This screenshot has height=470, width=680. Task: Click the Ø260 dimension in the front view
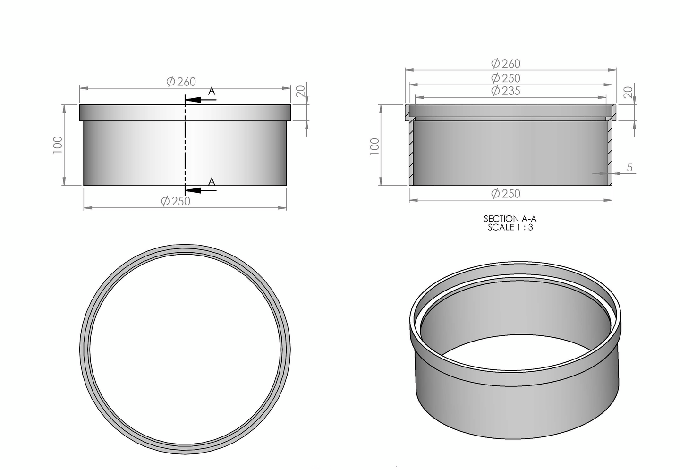click(x=181, y=82)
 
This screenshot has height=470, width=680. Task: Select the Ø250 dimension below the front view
click(x=176, y=201)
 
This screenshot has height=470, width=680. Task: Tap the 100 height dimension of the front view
click(x=58, y=145)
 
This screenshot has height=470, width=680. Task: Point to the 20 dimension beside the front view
click(x=300, y=91)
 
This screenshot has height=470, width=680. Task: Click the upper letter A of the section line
click(x=212, y=91)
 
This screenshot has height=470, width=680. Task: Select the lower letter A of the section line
click(x=212, y=181)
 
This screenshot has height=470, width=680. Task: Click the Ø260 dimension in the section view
click(x=506, y=63)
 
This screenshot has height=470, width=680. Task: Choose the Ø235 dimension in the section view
click(x=506, y=91)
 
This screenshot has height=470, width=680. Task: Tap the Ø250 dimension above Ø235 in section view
click(x=506, y=78)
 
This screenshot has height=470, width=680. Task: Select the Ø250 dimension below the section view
click(x=506, y=194)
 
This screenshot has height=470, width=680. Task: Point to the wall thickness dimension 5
click(x=629, y=167)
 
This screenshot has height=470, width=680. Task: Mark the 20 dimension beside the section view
click(x=628, y=93)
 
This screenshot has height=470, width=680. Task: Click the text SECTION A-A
click(x=510, y=219)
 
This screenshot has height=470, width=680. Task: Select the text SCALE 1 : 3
click(x=510, y=227)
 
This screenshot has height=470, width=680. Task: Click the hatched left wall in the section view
click(x=411, y=151)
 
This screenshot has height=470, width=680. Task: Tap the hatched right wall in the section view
click(x=609, y=151)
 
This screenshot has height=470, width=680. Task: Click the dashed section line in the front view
click(x=185, y=142)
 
